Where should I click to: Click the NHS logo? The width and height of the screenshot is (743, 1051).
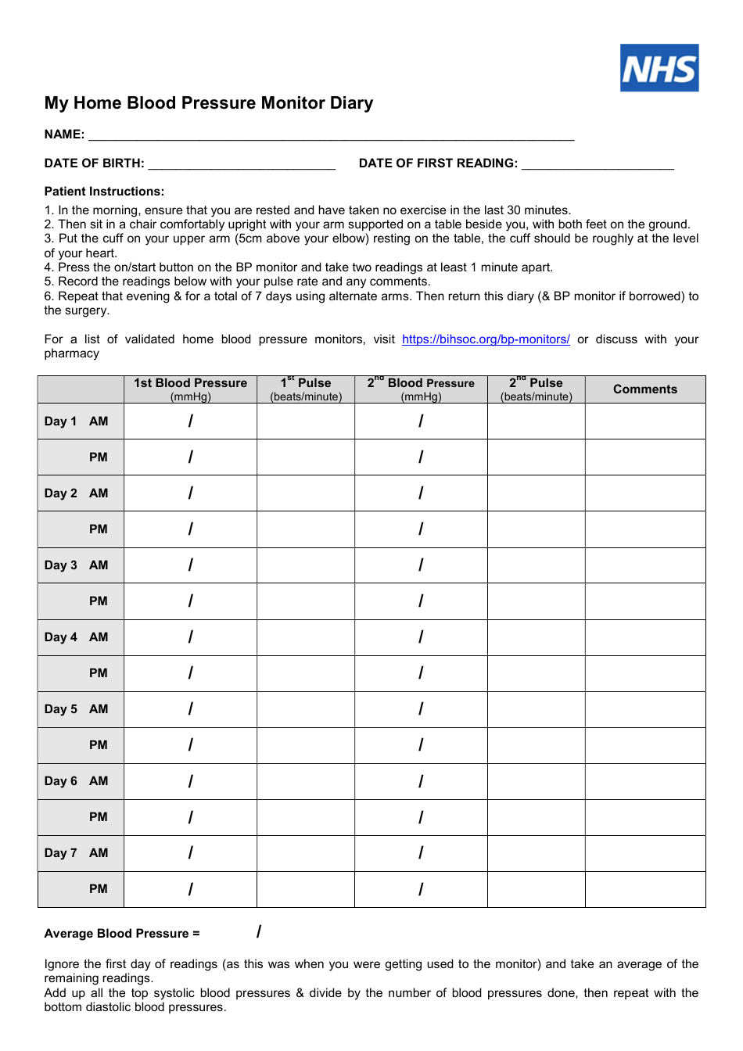(659, 68)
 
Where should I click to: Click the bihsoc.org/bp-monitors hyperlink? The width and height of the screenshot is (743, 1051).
(486, 339)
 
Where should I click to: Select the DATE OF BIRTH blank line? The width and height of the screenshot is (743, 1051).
(242, 164)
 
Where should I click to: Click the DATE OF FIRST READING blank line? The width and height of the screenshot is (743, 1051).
(598, 164)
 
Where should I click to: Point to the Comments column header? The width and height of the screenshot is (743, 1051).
(645, 389)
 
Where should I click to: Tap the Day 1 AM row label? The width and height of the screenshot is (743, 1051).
(77, 421)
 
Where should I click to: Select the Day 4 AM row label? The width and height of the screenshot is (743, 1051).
(77, 637)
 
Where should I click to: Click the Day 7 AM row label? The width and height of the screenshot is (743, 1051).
(77, 853)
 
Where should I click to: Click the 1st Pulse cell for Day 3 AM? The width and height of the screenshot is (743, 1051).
(306, 565)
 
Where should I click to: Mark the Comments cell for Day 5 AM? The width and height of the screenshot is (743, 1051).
(645, 709)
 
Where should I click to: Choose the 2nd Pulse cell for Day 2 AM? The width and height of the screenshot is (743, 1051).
(536, 493)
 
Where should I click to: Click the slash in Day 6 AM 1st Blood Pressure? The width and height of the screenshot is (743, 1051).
(190, 781)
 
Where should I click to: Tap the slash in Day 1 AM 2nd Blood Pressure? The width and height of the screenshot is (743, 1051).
(421, 421)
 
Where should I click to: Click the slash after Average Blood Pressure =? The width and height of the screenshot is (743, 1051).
(259, 931)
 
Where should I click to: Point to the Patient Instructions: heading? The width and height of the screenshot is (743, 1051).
(104, 192)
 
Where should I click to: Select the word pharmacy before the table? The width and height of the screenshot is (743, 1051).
(72, 353)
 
